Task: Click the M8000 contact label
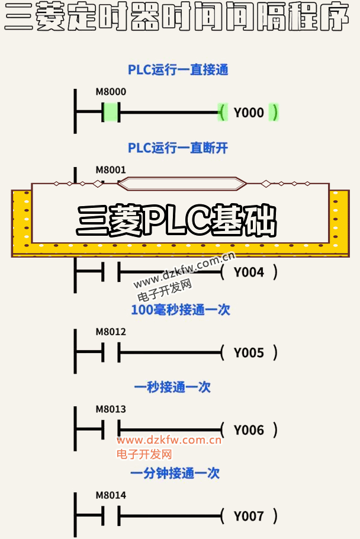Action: tap(111, 92)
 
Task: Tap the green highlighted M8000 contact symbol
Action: tap(111, 112)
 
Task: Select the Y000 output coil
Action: tap(249, 113)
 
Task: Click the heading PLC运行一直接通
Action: tap(178, 70)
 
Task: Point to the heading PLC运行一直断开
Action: tap(178, 147)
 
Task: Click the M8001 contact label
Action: tap(111, 169)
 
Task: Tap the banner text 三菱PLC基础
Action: tap(176, 221)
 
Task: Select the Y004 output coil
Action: tap(249, 272)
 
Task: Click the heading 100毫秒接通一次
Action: tap(180, 310)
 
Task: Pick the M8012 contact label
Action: tap(111, 332)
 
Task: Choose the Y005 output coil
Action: tap(249, 353)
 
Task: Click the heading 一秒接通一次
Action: tap(172, 387)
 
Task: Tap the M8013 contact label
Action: tap(111, 409)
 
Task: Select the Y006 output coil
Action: tap(249, 430)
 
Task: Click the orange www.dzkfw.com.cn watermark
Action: tap(169, 440)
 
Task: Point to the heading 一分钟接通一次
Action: tap(175, 473)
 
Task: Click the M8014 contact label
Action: tap(111, 495)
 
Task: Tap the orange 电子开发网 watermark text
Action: tap(144, 454)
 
